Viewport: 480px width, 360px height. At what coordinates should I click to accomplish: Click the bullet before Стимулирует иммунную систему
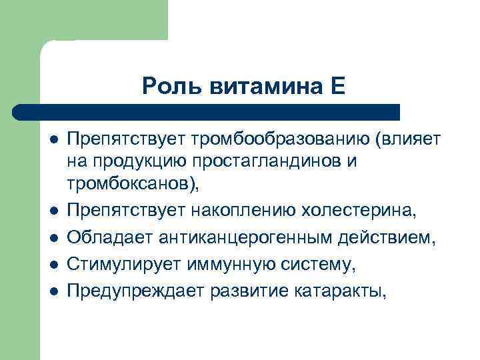tap(53, 265)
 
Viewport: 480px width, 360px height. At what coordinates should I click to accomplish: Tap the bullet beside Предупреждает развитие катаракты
tap(53, 291)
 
